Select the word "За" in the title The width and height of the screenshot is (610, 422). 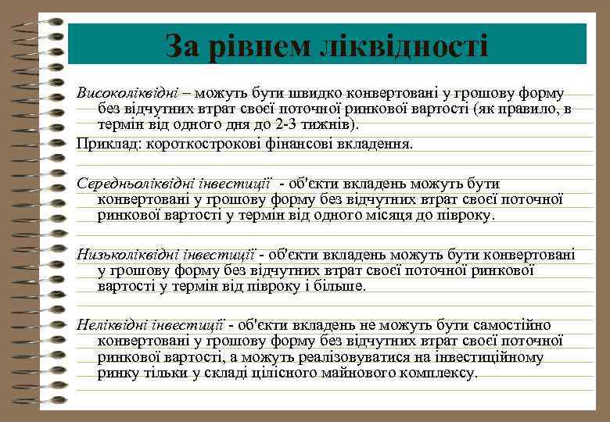tap(181, 45)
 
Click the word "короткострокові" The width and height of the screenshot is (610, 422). tap(188, 143)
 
